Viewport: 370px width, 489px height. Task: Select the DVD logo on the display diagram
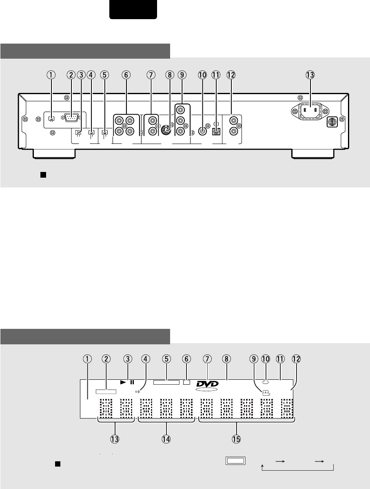coord(208,385)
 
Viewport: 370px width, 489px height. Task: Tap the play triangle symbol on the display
coord(123,382)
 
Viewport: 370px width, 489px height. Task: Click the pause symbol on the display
coord(132,382)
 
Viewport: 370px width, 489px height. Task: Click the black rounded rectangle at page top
coord(133,9)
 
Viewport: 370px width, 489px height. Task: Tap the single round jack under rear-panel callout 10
coord(202,131)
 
